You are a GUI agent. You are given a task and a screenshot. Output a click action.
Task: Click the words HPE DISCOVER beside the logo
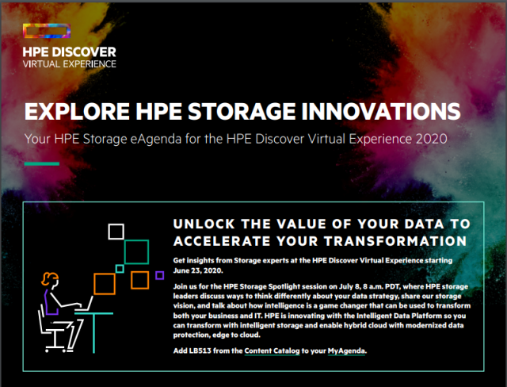pyautogui.click(x=70, y=51)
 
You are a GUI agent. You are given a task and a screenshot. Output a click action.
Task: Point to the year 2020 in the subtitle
pyautogui.click(x=431, y=139)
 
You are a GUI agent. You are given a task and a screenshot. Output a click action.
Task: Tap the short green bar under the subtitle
pyautogui.click(x=42, y=164)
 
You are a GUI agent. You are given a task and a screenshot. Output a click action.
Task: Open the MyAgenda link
pyautogui.click(x=348, y=350)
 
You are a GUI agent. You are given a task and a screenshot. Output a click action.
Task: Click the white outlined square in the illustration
pyautogui.click(x=116, y=232)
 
